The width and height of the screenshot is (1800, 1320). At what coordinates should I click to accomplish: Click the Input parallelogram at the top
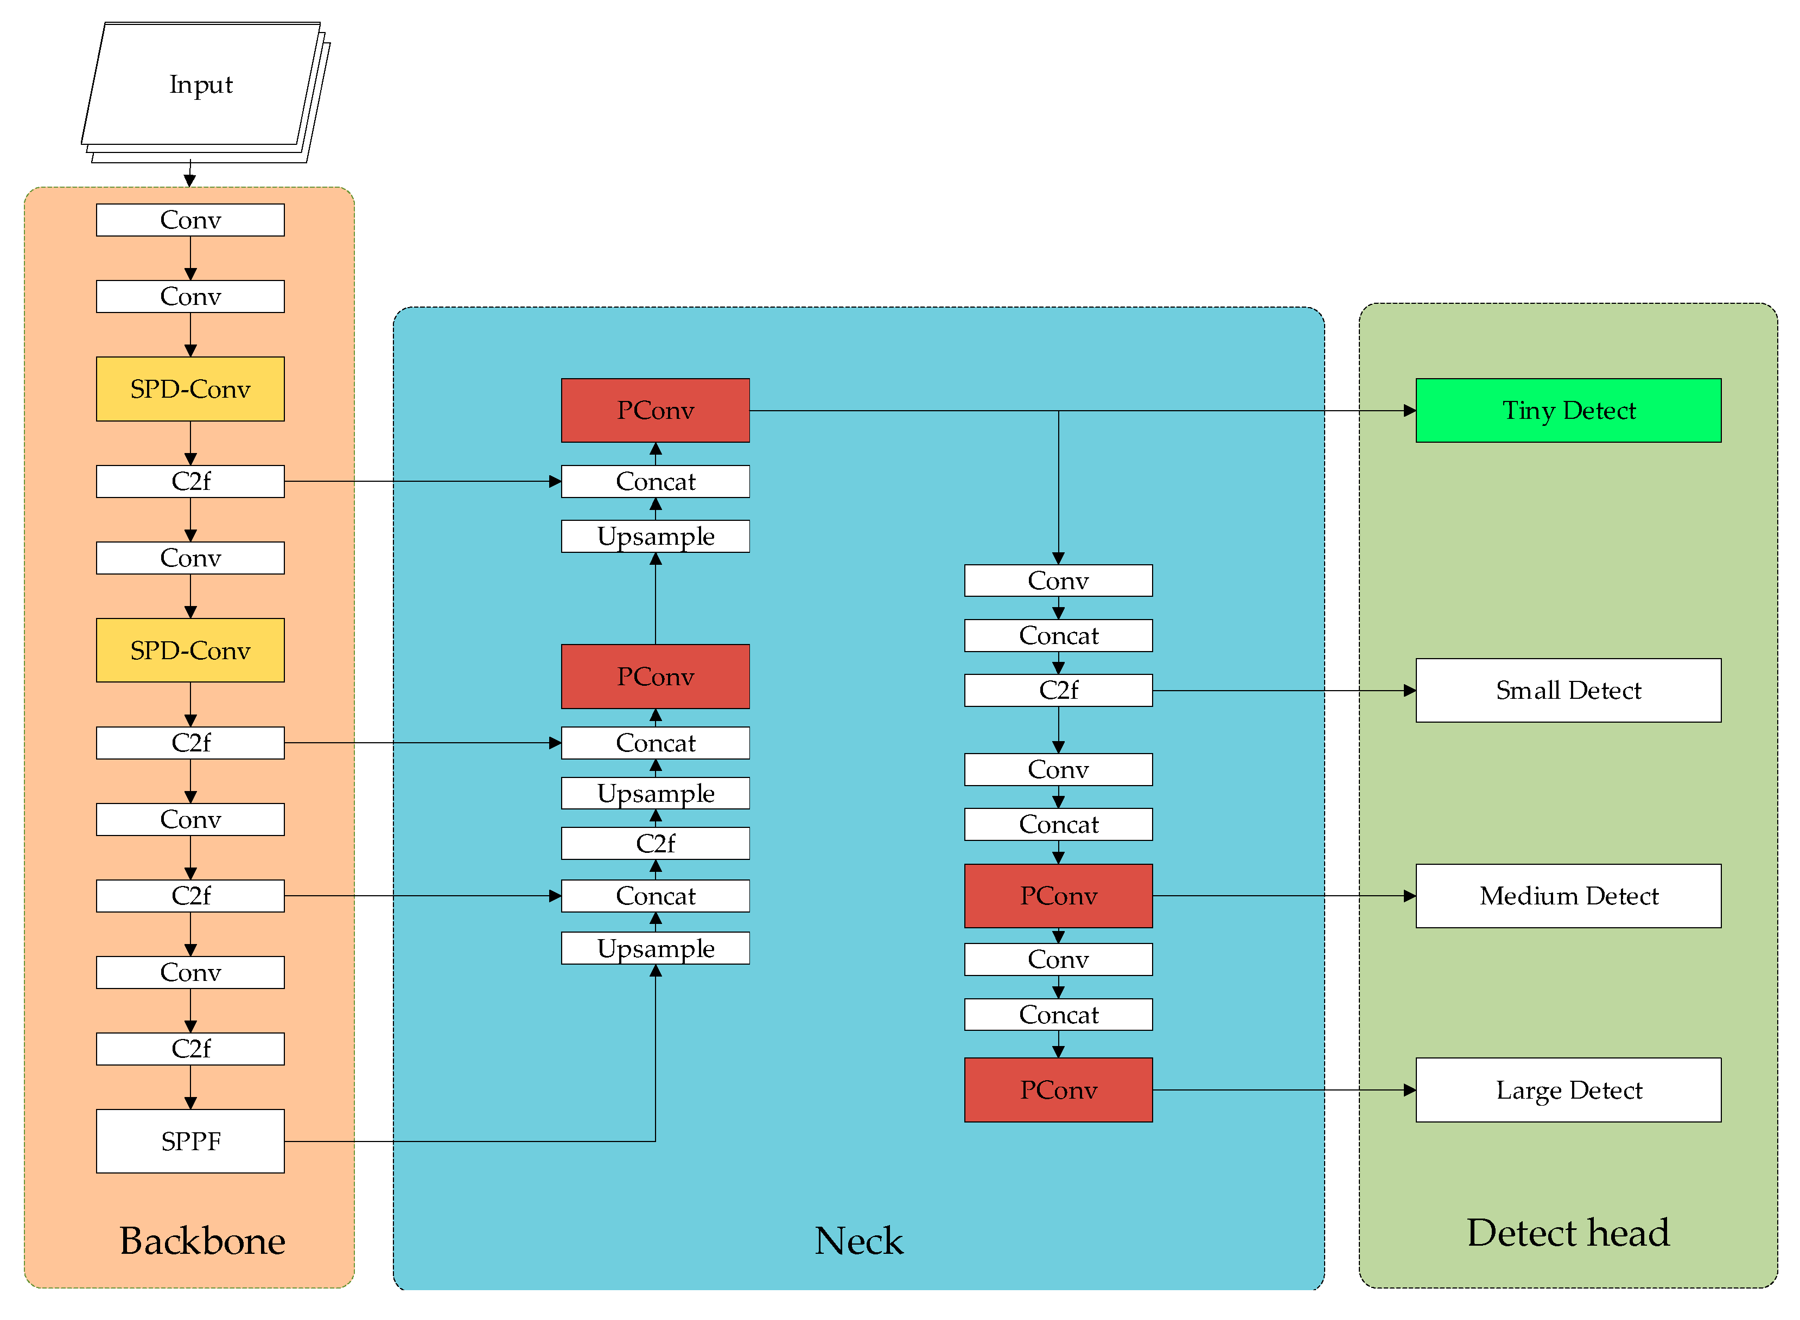[x=201, y=85]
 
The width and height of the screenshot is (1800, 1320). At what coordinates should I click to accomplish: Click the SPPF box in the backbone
[x=190, y=1140]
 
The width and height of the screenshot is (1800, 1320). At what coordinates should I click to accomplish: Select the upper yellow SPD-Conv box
[x=190, y=388]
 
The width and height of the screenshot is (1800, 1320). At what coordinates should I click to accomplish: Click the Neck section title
[x=858, y=1240]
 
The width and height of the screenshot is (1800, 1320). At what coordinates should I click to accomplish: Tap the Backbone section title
[x=202, y=1240]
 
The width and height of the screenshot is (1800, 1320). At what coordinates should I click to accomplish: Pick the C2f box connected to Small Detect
[x=1058, y=690]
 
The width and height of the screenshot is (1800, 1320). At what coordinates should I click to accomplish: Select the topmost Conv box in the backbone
[x=190, y=220]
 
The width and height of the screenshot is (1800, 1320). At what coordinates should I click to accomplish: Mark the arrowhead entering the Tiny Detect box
[x=1409, y=411]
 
